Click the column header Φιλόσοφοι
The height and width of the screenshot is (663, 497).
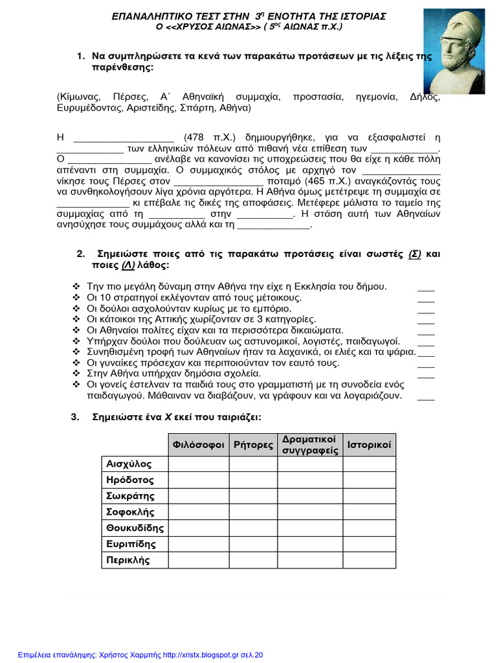[198, 445]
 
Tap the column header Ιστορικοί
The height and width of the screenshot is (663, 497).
[369, 445]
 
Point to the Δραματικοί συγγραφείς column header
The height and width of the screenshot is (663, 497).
[310, 445]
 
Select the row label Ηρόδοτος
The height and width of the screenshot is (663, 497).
[130, 480]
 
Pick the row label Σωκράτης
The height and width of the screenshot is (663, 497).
[131, 496]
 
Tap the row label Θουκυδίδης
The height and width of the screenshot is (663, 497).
[135, 528]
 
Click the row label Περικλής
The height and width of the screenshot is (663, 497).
[128, 559]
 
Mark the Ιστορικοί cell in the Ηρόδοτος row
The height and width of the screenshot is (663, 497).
[369, 480]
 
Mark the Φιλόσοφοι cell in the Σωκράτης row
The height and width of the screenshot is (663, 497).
[198, 496]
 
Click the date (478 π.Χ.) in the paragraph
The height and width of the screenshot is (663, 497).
[206, 137]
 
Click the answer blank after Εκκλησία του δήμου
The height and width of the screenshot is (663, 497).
[426, 287]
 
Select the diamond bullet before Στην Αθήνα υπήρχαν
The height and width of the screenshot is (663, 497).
[76, 374]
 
